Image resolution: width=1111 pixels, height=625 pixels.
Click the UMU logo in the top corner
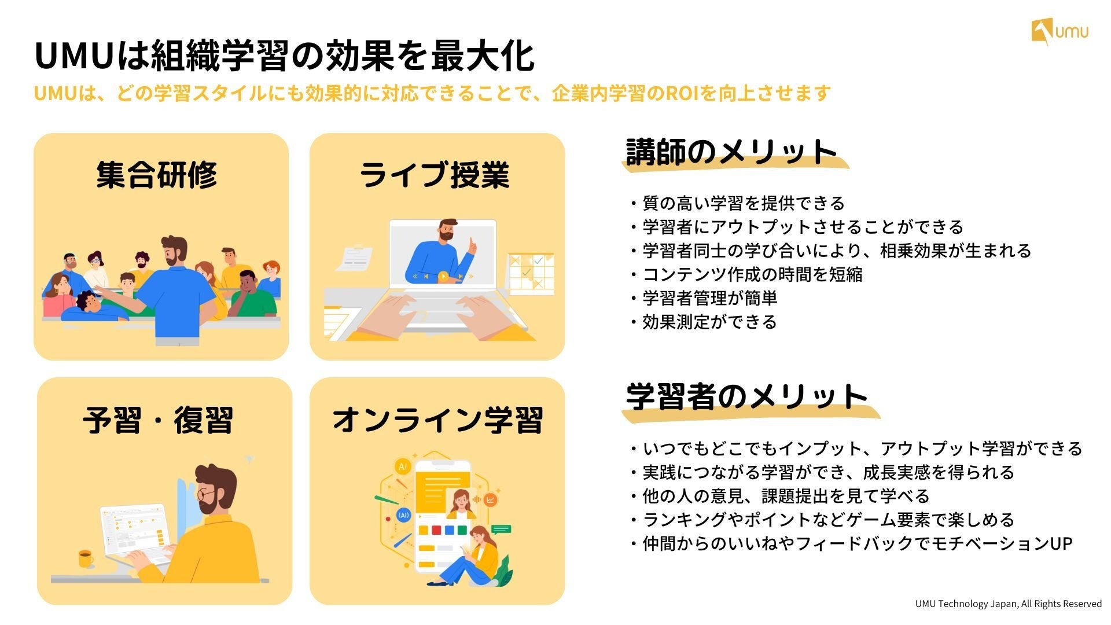(x=1060, y=32)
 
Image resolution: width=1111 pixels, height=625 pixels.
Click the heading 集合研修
(x=157, y=174)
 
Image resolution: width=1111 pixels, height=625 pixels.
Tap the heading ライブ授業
(x=435, y=174)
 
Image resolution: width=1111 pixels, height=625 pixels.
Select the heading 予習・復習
(x=158, y=420)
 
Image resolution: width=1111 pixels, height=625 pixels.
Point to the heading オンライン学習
(x=437, y=420)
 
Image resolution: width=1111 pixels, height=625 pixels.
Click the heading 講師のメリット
(x=731, y=152)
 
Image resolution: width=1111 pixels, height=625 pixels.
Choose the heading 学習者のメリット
(x=746, y=397)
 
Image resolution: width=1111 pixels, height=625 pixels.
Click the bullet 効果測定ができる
(x=709, y=322)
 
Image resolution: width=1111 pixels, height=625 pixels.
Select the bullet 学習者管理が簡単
(x=709, y=298)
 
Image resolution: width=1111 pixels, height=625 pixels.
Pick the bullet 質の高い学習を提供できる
(x=743, y=203)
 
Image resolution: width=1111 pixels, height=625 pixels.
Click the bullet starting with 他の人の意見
(x=785, y=496)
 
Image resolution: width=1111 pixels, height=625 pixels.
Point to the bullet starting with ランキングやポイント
(x=827, y=520)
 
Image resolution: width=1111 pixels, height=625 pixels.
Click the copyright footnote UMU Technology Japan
(x=1008, y=604)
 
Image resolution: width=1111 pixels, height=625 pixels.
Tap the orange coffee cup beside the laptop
(x=86, y=558)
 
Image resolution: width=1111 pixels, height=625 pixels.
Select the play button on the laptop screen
(x=443, y=277)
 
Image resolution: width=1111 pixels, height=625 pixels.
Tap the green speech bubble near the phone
(x=501, y=528)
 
